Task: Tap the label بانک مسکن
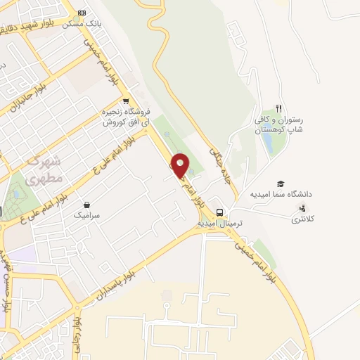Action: [81, 24]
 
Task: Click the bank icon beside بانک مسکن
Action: [82, 13]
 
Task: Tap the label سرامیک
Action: [86, 217]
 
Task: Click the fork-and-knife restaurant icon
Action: [278, 108]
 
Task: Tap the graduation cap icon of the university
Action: [281, 182]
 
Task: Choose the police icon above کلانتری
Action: [302, 207]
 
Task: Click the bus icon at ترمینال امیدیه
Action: [220, 212]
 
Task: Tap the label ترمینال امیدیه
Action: [219, 223]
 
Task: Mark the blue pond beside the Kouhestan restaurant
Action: [269, 141]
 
